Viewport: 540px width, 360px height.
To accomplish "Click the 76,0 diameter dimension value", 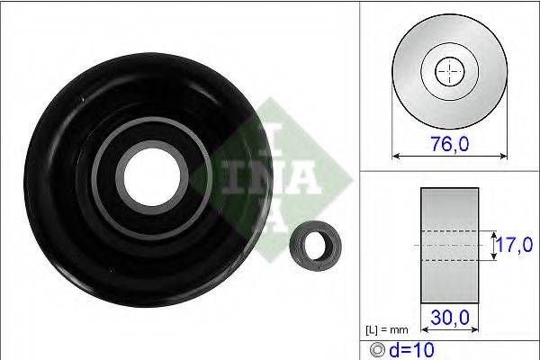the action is click(450, 144).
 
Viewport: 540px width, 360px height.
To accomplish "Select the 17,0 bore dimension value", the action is click(515, 245).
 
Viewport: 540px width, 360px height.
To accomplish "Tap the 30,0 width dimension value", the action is click(450, 318).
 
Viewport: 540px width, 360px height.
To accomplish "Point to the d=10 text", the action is click(411, 350).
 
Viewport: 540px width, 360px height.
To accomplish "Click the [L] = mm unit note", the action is click(387, 330).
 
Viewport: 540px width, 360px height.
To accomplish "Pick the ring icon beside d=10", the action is click(377, 350).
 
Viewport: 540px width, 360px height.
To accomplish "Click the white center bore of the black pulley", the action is click(152, 178).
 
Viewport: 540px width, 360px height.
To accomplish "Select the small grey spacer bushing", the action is click(316, 246).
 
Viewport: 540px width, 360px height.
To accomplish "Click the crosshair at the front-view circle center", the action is click(450, 72).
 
